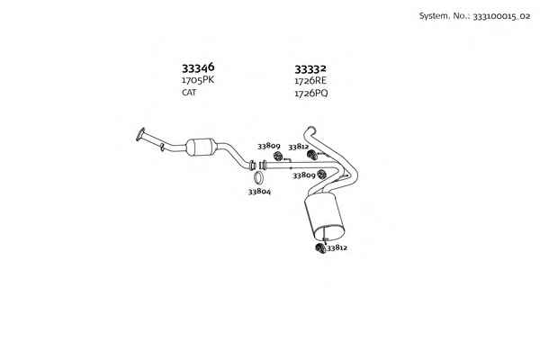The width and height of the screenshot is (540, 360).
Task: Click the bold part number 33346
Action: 198,67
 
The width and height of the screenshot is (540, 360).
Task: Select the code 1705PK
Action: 198,80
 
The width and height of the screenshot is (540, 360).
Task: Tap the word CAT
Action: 189,93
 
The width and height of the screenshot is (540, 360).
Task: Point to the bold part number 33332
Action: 310,69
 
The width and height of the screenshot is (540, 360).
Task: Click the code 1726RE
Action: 310,81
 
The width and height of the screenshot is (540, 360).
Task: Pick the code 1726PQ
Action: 311,94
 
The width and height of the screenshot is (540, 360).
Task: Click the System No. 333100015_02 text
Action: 474,16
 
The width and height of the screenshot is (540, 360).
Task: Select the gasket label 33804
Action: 259,192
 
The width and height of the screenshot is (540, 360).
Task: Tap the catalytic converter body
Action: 201,147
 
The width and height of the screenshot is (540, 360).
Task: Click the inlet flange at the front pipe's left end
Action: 140,134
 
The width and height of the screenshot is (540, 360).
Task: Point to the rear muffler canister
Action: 324,216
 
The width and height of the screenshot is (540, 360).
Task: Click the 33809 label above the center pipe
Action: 268,146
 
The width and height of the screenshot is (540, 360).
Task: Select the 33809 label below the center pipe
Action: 304,175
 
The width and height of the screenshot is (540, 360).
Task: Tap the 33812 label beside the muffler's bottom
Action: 337,247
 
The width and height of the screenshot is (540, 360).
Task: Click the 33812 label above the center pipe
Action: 298,147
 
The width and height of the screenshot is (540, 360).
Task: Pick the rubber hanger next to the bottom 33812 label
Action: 320,248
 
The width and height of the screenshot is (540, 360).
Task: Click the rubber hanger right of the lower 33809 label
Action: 321,175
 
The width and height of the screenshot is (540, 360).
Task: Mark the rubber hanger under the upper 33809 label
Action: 278,156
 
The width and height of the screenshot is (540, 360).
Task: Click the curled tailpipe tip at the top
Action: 310,130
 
